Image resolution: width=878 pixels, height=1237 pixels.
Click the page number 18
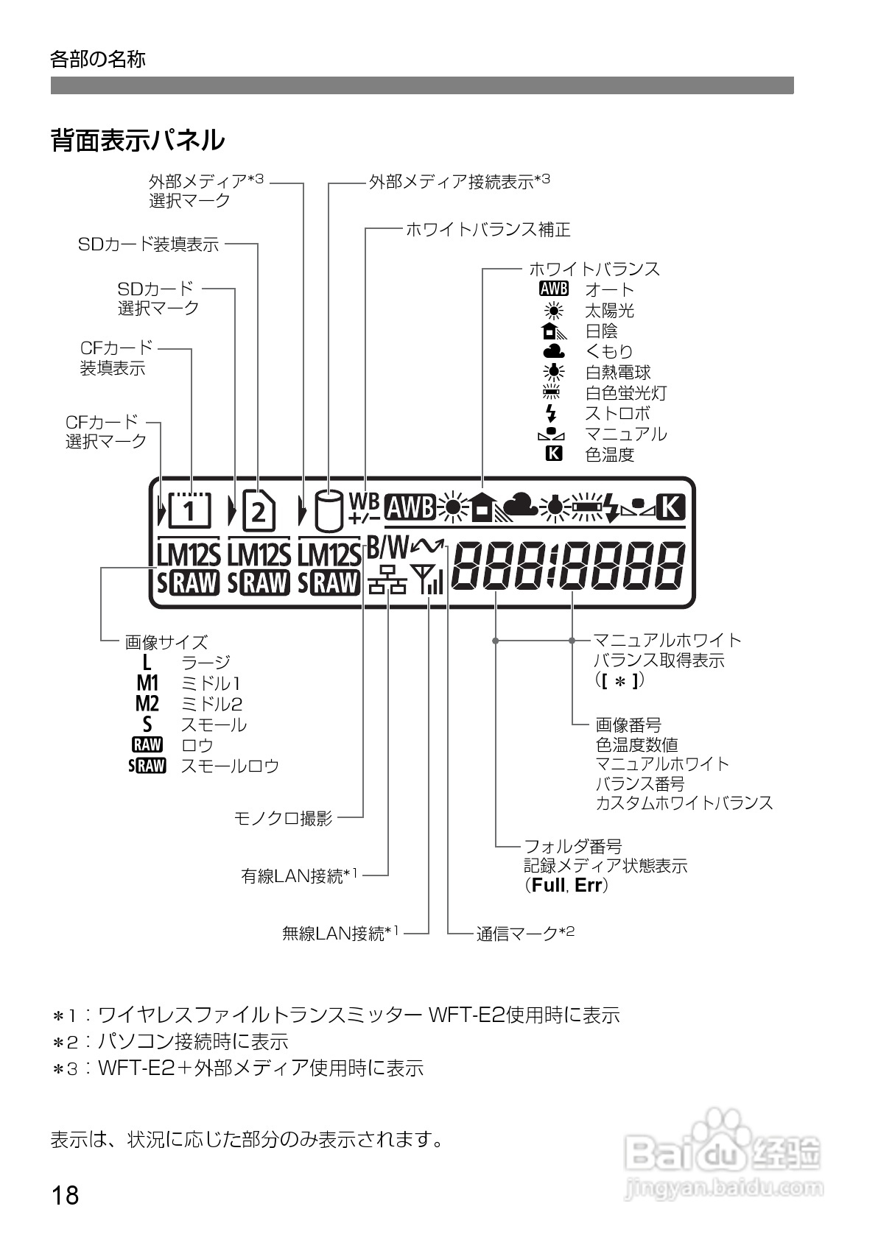tap(65, 1194)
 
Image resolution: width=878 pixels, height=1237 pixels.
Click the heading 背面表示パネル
tap(137, 140)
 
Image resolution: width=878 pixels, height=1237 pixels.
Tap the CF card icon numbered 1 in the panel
tap(190, 510)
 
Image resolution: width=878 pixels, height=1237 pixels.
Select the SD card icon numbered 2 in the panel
tap(258, 511)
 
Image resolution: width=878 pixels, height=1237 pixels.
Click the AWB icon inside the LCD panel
tap(410, 507)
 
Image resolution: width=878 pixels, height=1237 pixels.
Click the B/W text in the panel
tap(387, 546)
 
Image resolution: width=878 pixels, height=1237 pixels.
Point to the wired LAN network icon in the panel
tap(387, 581)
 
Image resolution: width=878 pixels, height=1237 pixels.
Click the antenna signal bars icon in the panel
tap(429, 579)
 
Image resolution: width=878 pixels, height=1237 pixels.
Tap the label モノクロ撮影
tap(283, 818)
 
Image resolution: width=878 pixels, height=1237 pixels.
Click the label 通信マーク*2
tap(524, 933)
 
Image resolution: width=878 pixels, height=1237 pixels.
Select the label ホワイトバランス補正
tap(488, 229)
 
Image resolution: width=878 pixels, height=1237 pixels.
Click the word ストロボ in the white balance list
tap(617, 413)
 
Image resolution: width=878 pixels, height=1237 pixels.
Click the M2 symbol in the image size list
tap(147, 704)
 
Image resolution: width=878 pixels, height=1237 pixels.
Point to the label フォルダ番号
tap(572, 846)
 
